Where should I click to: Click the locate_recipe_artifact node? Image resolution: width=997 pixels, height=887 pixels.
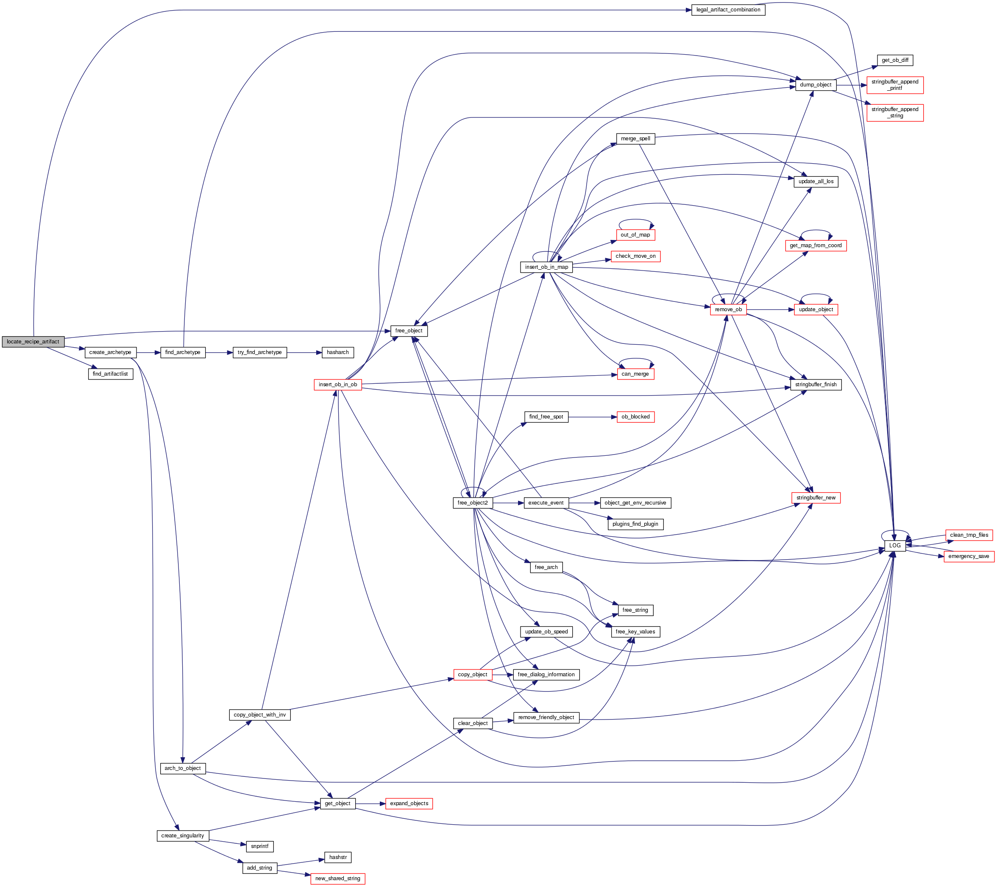(33, 342)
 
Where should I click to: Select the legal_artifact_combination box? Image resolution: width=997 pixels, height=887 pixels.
(728, 10)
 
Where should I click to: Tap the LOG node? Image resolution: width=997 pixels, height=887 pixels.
(894, 545)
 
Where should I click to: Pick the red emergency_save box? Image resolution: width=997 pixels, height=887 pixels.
(968, 556)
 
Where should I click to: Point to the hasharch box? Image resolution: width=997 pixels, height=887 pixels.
(337, 352)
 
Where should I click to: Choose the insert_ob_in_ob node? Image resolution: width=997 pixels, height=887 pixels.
(337, 385)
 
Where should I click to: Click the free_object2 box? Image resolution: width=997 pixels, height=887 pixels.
(472, 502)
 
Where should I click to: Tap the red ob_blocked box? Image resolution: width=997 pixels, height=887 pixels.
(635, 417)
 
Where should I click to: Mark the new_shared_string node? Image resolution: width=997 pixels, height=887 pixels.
(337, 878)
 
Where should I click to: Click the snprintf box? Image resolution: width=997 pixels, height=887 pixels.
(259, 846)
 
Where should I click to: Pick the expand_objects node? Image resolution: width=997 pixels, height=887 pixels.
(409, 803)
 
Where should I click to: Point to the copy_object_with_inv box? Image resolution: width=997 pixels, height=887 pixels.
(259, 715)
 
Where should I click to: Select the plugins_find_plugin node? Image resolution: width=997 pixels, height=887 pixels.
(635, 524)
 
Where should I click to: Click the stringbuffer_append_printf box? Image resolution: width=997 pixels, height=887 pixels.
(894, 85)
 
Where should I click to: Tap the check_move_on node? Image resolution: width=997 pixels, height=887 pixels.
(635, 256)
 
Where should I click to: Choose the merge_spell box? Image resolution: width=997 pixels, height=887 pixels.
(635, 139)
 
